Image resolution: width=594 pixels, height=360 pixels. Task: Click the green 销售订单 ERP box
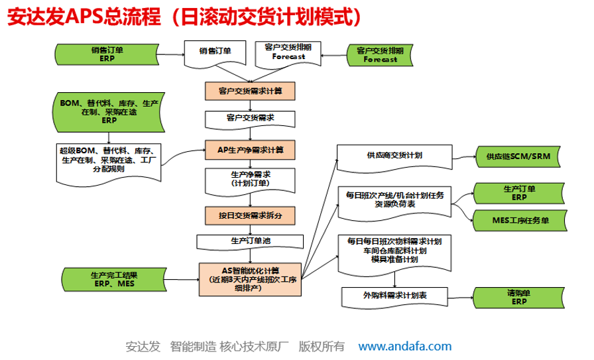click(107, 54)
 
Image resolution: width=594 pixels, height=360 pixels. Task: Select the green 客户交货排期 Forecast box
click(380, 55)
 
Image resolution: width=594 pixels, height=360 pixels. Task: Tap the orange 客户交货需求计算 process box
click(250, 91)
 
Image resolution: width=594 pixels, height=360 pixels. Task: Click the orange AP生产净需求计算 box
click(250, 150)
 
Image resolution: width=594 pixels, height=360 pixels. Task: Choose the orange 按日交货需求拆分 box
click(250, 215)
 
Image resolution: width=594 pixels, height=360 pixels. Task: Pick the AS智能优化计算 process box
click(250, 279)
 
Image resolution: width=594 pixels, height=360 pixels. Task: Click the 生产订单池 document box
click(250, 242)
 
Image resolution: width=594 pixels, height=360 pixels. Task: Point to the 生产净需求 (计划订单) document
click(250, 181)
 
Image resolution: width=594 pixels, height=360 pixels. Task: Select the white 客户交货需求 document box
click(250, 119)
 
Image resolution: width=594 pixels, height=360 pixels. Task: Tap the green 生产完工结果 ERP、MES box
click(114, 280)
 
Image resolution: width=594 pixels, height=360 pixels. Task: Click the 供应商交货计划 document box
click(394, 158)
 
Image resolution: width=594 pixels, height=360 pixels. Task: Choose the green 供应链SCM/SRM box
click(518, 156)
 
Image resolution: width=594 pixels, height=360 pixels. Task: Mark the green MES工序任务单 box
click(520, 221)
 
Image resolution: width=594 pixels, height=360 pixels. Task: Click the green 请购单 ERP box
click(519, 298)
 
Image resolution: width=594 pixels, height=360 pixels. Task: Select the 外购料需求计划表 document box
click(394, 297)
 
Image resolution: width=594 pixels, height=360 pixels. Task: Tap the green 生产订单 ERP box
click(519, 194)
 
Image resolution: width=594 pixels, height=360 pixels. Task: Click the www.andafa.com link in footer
click(404, 346)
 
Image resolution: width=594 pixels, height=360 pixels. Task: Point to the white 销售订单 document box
click(215, 54)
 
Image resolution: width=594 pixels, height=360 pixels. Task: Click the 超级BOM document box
click(109, 164)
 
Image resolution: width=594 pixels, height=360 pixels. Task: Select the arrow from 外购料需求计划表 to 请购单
click(460, 298)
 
